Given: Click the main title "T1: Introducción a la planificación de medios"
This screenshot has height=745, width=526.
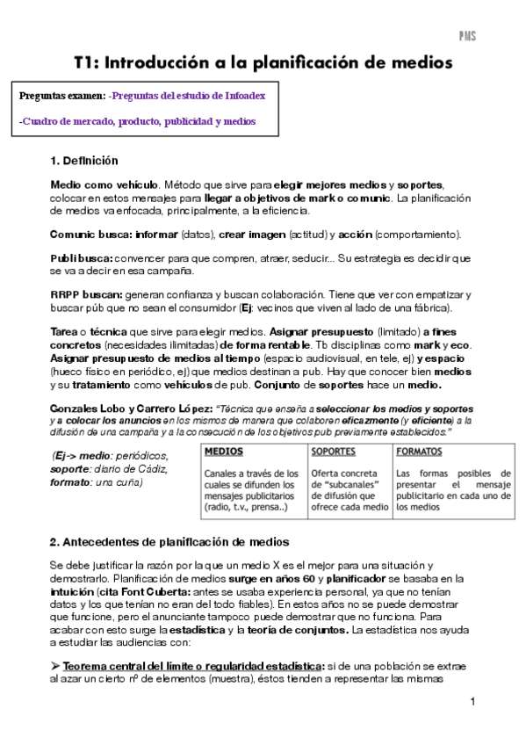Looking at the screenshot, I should click(263, 63).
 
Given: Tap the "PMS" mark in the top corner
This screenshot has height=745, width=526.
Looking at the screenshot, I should click(467, 36).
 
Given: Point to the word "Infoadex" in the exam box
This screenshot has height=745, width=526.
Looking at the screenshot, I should click(247, 95).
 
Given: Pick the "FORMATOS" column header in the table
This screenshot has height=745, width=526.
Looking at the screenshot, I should click(420, 452).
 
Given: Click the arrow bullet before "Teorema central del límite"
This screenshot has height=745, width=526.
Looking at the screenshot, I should click(56, 667).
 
